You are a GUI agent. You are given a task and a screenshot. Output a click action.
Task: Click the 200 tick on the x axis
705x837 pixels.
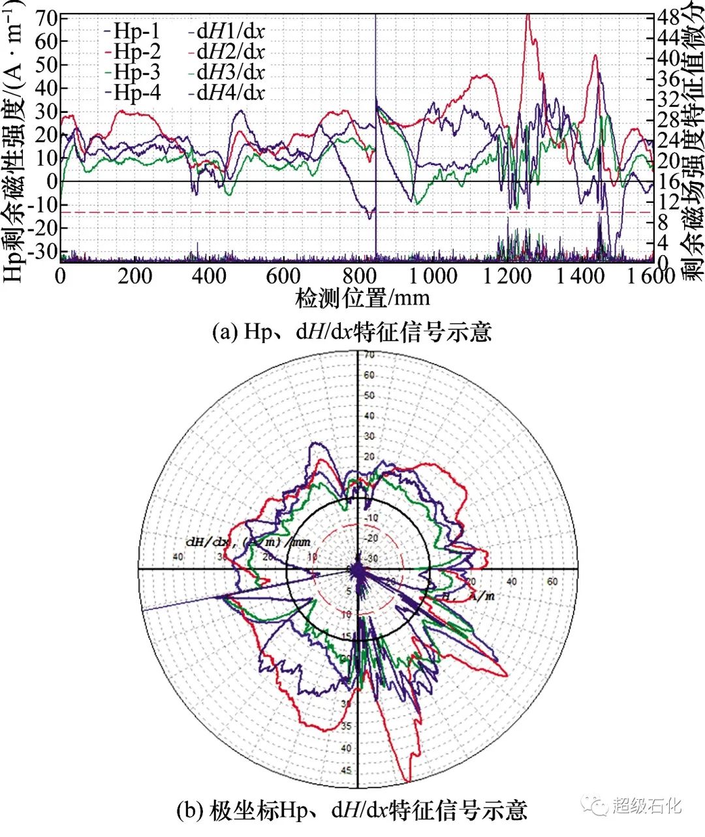pyautogui.click(x=135, y=276)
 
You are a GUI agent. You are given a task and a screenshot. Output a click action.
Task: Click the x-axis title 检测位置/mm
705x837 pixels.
pyautogui.click(x=363, y=298)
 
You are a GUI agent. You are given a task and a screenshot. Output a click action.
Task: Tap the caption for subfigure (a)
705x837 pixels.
pyautogui.click(x=352, y=332)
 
